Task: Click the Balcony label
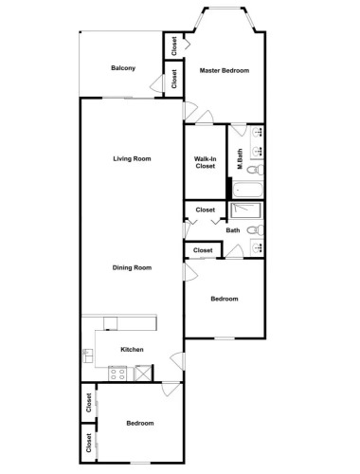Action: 123,68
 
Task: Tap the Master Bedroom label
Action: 225,70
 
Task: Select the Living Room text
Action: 132,158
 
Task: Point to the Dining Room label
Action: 132,267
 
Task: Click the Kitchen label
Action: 132,349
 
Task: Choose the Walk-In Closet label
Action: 206,162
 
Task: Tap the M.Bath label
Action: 240,158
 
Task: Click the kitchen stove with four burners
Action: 117,374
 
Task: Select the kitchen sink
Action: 87,355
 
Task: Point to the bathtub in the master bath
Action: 247,190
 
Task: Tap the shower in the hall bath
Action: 245,210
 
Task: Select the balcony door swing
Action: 157,83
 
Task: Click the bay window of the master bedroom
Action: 225,9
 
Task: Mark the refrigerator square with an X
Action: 142,374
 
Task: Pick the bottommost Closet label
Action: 89,443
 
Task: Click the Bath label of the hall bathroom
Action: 233,230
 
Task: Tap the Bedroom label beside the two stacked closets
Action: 140,423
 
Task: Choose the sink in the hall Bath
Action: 258,247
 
